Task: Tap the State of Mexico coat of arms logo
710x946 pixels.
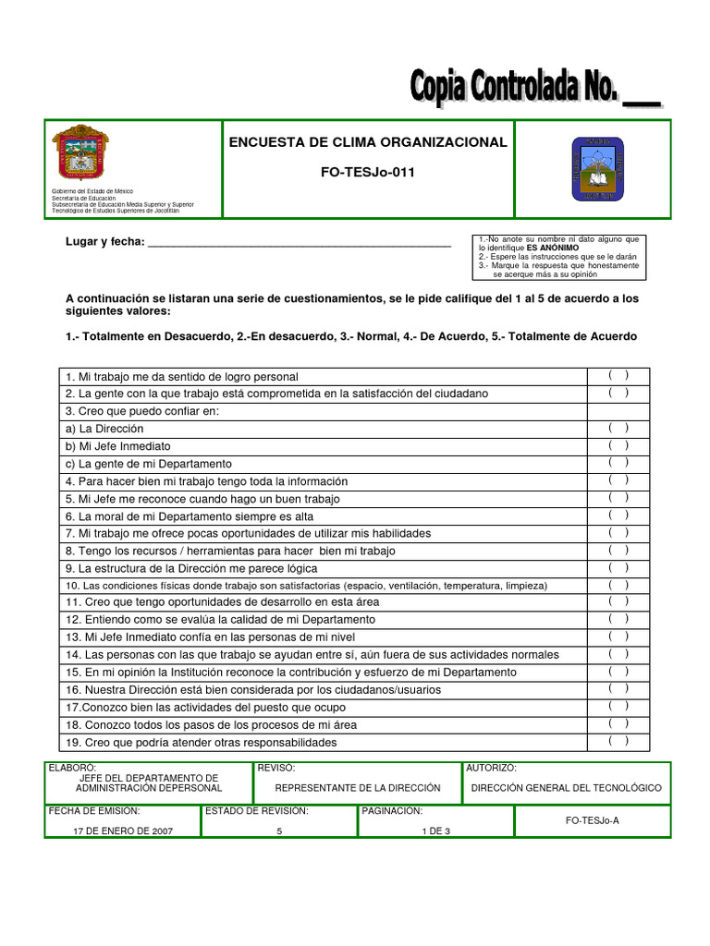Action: coord(80,153)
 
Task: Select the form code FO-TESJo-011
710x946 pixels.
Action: coord(368,174)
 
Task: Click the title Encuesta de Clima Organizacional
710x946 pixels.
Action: coord(368,142)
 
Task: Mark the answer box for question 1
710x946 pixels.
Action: coord(618,375)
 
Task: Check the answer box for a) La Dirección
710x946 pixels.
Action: coord(618,428)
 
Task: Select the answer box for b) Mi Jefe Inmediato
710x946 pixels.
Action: coord(618,445)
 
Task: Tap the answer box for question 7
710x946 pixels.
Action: coord(618,532)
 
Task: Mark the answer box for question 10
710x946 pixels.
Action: coord(618,585)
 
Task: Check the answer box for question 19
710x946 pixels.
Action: coord(618,741)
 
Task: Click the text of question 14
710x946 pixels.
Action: coord(312,655)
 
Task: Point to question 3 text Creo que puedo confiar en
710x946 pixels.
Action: coord(142,411)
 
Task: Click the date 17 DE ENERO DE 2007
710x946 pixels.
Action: coord(123,831)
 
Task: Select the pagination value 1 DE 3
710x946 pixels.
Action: coord(434,831)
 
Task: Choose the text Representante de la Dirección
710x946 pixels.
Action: coord(358,788)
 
